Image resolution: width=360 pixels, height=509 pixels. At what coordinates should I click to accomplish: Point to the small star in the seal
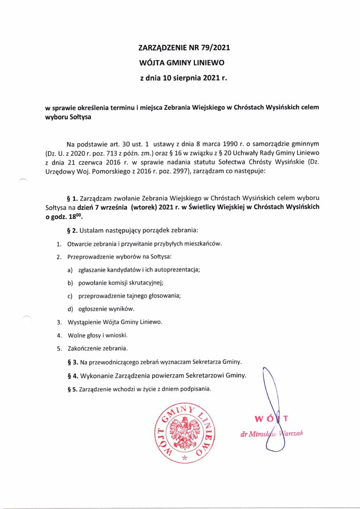click(184, 456)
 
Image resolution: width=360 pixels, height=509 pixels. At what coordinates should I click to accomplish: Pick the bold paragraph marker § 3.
click(73, 363)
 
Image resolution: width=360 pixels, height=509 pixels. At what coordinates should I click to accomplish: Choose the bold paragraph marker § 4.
click(73, 376)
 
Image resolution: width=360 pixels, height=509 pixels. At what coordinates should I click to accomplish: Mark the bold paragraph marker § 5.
click(73, 389)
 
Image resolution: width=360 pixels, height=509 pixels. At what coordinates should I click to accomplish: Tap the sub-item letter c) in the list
click(70, 296)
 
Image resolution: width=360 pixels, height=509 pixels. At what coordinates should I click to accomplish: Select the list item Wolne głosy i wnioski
click(97, 335)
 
